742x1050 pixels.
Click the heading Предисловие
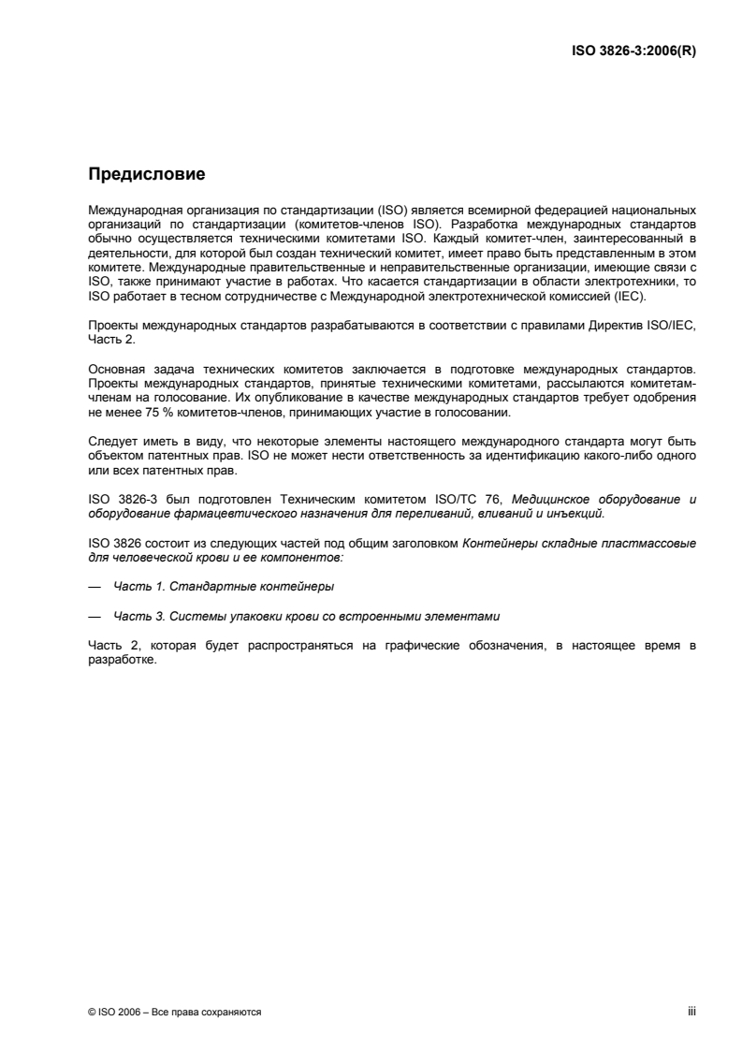coord(146,173)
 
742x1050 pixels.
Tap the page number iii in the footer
coord(691,1012)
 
